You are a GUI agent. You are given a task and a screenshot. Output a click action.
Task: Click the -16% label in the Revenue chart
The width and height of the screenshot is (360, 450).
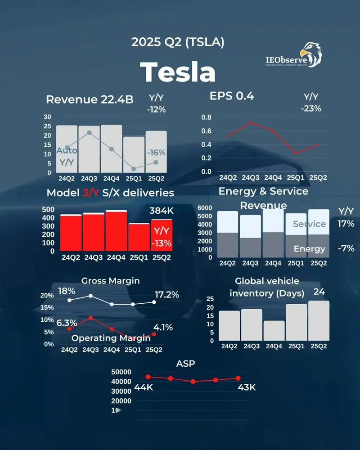tap(156, 153)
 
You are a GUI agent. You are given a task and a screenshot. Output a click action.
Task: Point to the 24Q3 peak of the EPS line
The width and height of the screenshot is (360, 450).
tap(251, 122)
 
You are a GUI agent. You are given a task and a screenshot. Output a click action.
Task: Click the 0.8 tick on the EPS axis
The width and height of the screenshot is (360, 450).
tap(206, 117)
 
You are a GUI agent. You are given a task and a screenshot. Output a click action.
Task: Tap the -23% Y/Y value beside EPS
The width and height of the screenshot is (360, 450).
tap(311, 108)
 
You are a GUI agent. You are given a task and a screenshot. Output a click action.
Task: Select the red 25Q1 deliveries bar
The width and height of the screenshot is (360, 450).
tap(139, 237)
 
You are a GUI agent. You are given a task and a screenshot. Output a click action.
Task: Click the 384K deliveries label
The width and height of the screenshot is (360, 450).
tap(161, 211)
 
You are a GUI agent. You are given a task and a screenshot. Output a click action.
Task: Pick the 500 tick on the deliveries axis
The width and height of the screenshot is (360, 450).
tap(49, 209)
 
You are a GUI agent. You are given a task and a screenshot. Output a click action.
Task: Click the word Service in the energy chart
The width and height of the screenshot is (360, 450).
tap(309, 224)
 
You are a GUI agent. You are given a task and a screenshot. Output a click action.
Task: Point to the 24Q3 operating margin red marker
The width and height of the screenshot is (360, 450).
tap(91, 318)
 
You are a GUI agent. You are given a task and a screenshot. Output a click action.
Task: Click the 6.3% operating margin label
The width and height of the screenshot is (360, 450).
tap(66, 323)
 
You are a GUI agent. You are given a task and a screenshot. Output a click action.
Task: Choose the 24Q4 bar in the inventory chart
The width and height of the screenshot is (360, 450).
tap(274, 330)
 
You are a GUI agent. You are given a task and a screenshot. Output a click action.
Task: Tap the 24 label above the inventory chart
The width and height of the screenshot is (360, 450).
tap(319, 292)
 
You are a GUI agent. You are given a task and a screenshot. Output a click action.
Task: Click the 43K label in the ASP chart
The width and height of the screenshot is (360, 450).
tap(247, 387)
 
